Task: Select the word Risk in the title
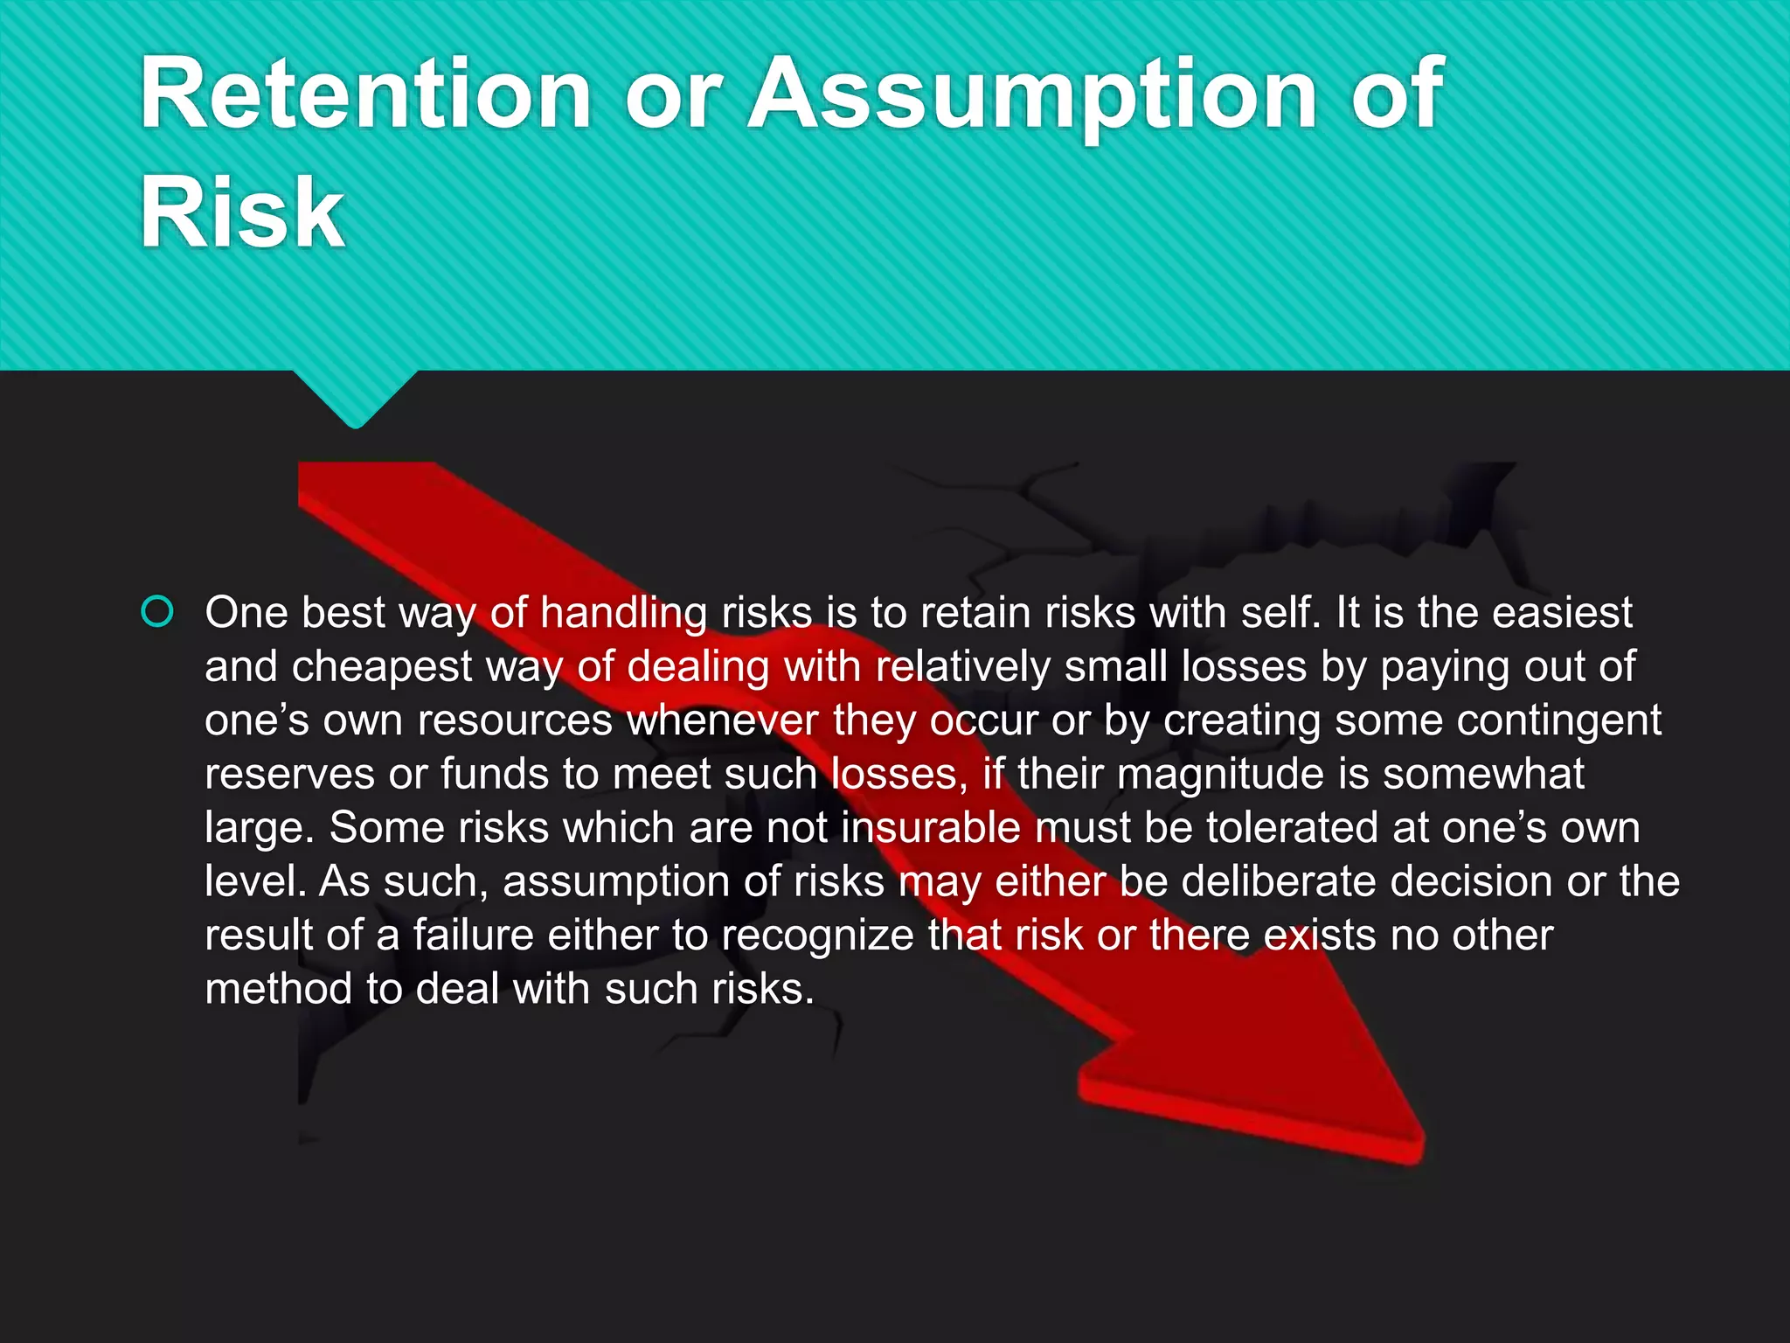click(x=242, y=212)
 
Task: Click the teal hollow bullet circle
click(x=157, y=612)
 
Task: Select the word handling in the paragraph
click(x=623, y=613)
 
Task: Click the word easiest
click(x=1562, y=613)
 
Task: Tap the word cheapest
click(x=382, y=667)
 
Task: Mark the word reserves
click(x=289, y=775)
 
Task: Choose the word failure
click(x=473, y=936)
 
